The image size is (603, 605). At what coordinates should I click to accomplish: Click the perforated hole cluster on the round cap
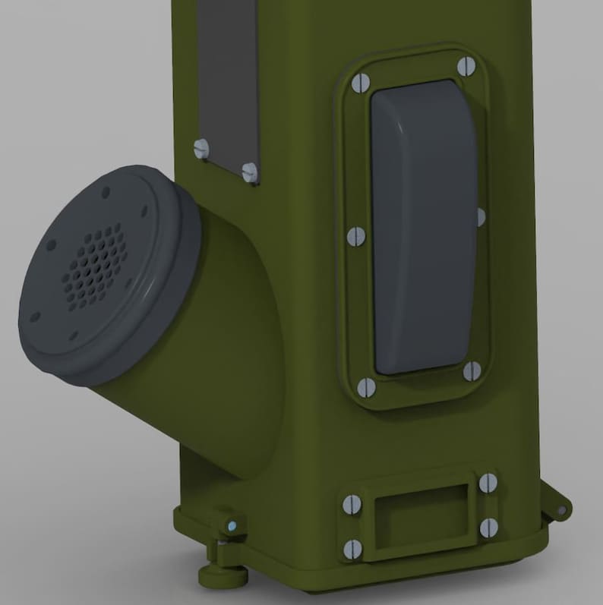click(96, 266)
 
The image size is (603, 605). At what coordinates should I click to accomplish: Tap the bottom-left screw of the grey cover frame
click(366, 388)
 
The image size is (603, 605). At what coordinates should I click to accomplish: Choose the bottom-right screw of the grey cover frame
click(472, 371)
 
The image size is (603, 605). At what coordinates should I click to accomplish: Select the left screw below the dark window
click(201, 149)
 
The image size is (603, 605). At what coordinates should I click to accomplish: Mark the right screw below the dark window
click(250, 172)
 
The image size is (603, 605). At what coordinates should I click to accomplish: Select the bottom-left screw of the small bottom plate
click(353, 549)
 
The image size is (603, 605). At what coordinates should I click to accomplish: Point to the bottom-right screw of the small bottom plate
click(488, 528)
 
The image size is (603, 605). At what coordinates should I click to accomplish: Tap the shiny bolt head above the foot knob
click(232, 525)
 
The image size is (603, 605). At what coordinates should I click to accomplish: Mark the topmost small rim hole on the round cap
click(106, 192)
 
